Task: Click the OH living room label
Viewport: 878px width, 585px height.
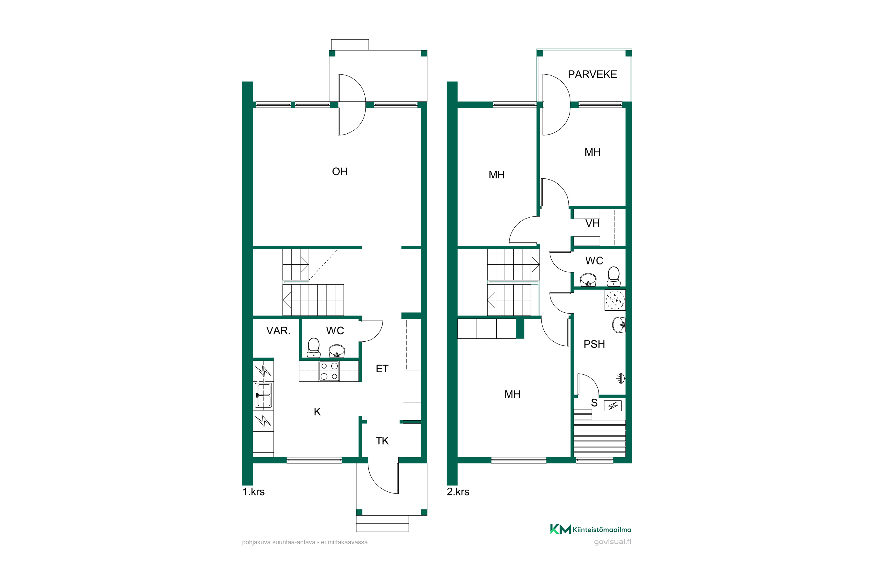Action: [340, 172]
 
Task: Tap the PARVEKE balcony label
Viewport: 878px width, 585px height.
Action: [592, 75]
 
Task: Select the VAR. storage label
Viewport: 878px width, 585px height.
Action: [278, 331]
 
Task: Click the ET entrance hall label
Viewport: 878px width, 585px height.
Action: [382, 369]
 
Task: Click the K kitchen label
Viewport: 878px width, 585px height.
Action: [317, 412]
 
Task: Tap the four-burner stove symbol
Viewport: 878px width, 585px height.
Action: [329, 371]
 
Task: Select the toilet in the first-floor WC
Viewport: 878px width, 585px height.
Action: [313, 348]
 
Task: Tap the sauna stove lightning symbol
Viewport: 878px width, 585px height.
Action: [613, 405]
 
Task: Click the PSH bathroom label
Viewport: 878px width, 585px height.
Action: [594, 344]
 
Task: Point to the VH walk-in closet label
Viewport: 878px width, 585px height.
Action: [592, 223]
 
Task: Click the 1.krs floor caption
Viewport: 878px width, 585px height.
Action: [253, 492]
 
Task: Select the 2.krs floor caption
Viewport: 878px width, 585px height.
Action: [458, 492]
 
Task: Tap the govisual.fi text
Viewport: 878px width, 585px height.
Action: [613, 542]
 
